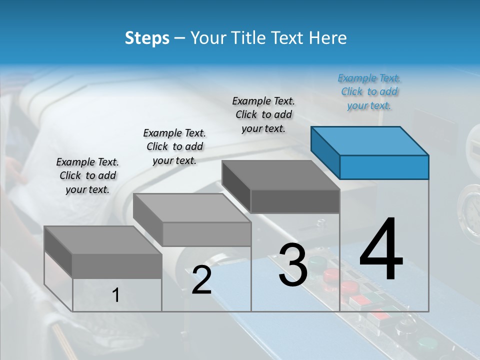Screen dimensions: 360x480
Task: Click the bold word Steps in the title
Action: pyautogui.click(x=147, y=38)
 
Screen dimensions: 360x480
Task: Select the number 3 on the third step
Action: pyautogui.click(x=292, y=265)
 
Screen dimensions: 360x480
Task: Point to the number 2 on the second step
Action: pyautogui.click(x=201, y=280)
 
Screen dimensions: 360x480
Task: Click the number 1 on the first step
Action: pyautogui.click(x=115, y=295)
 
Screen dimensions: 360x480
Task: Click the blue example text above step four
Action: pyautogui.click(x=369, y=92)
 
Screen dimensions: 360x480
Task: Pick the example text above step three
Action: pyautogui.click(x=263, y=114)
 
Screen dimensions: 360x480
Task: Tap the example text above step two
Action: pyautogui.click(x=174, y=146)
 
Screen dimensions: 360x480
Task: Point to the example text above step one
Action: pyautogui.click(x=87, y=175)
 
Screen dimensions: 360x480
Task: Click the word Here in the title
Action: pyautogui.click(x=327, y=38)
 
